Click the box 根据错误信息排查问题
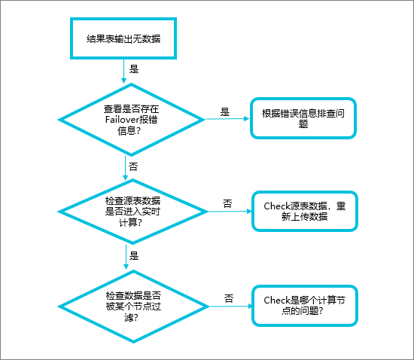[x=303, y=118]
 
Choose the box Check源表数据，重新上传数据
[x=304, y=211]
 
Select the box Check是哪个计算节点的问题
[x=304, y=305]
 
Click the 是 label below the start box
[x=135, y=68]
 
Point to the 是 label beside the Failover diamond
[x=224, y=111]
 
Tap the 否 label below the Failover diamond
[x=134, y=165]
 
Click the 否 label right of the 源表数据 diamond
[x=227, y=203]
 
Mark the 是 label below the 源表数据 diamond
[x=135, y=256]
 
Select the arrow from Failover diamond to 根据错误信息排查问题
[x=226, y=118]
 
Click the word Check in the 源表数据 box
[x=276, y=206]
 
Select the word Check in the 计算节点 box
[x=276, y=300]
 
